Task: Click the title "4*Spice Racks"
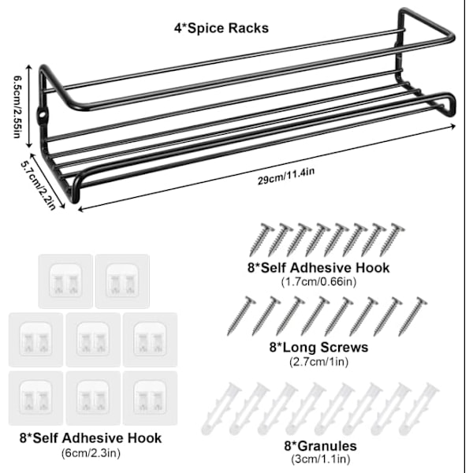pyautogui.click(x=221, y=28)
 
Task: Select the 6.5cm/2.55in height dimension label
pyautogui.click(x=16, y=106)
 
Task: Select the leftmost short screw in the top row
pyautogui.click(x=261, y=238)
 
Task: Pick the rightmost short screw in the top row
pyautogui.click(x=392, y=238)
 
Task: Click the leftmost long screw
pyautogui.click(x=241, y=315)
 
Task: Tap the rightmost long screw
pyautogui.click(x=412, y=315)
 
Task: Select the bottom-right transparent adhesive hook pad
pyautogui.click(x=150, y=398)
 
